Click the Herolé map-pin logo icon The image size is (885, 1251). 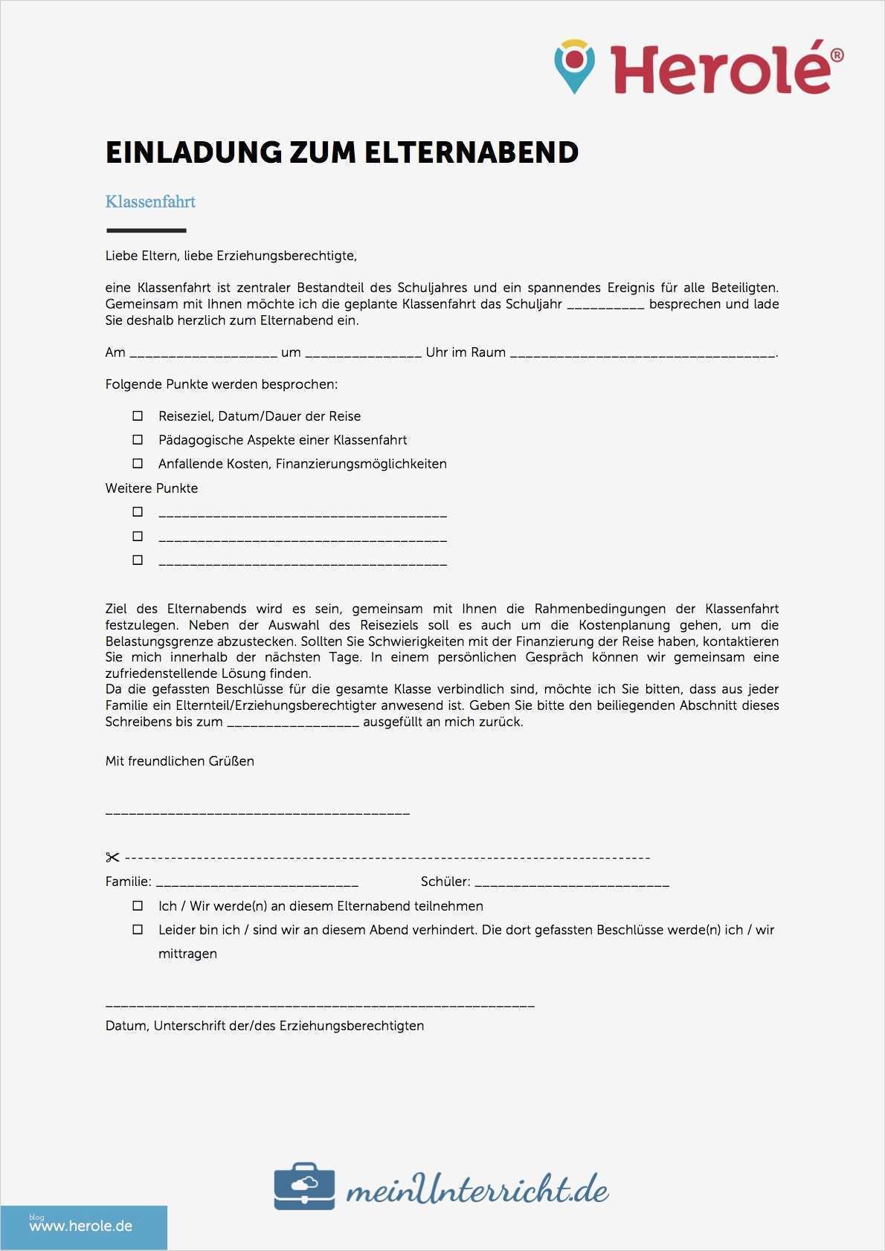(x=575, y=66)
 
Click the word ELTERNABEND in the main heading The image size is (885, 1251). (x=471, y=152)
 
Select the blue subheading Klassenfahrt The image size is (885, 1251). (x=150, y=201)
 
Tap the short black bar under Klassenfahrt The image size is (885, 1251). (x=146, y=230)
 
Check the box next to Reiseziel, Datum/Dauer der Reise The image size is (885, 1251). (x=138, y=416)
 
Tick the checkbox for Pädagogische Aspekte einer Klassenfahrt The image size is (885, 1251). (x=138, y=440)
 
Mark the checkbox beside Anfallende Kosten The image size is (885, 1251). (x=138, y=464)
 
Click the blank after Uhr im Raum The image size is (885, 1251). (x=643, y=354)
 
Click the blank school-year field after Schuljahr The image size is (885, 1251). (x=605, y=306)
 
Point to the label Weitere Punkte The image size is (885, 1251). (x=152, y=488)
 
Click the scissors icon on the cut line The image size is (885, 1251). (x=112, y=858)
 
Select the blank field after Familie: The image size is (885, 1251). (x=257, y=883)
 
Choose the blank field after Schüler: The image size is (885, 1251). (x=571, y=883)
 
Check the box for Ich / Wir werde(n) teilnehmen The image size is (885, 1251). (x=138, y=906)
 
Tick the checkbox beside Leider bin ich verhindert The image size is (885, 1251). (x=138, y=930)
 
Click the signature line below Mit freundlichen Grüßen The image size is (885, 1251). (x=257, y=813)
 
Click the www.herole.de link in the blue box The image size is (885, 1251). (x=81, y=1226)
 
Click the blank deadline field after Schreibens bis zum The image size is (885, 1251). (x=293, y=723)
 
